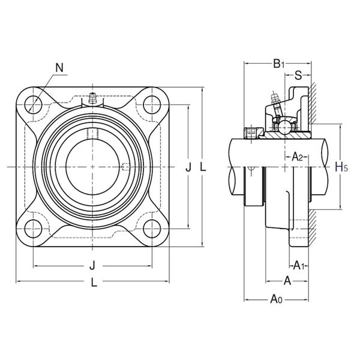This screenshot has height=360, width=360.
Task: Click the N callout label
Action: (x=59, y=68)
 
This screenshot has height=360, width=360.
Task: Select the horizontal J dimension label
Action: (x=92, y=265)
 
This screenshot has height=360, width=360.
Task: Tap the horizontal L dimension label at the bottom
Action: (x=93, y=286)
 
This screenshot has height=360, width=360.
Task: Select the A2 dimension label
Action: (x=296, y=157)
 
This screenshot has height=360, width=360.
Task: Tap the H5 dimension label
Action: (x=341, y=166)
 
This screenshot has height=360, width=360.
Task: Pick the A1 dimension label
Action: (x=298, y=265)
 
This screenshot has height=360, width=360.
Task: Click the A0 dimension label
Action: (x=276, y=299)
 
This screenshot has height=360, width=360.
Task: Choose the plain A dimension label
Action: (x=287, y=280)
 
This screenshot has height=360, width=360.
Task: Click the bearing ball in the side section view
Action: (x=283, y=125)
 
